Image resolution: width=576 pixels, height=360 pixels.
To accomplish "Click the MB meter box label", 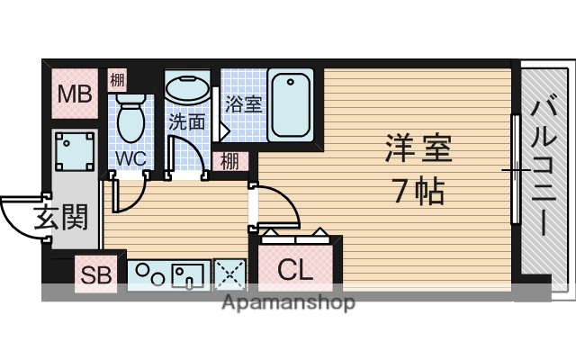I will pyautogui.click(x=72, y=93).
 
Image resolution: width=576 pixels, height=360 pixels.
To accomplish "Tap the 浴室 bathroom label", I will pyautogui.click(x=243, y=103).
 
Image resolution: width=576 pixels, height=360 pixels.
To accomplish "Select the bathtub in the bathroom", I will pyautogui.click(x=291, y=106).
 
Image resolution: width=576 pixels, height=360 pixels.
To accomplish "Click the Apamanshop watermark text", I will pyautogui.click(x=287, y=302).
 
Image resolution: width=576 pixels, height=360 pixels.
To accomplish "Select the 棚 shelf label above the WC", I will pyautogui.click(x=117, y=80).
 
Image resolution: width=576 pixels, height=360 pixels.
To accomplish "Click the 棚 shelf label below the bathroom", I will pyautogui.click(x=231, y=163).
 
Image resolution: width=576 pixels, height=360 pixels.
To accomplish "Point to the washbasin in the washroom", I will pyautogui.click(x=185, y=91).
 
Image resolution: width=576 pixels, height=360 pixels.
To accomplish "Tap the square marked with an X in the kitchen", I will pyautogui.click(x=231, y=274).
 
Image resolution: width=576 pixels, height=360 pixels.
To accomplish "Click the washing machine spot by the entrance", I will pyautogui.click(x=73, y=152).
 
